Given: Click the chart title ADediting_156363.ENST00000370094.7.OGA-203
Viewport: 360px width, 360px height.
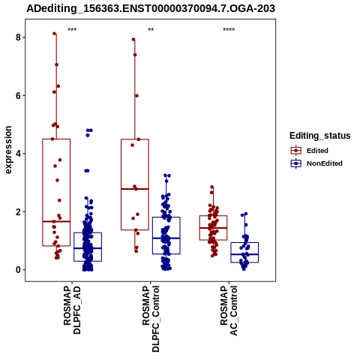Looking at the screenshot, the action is (x=151, y=8).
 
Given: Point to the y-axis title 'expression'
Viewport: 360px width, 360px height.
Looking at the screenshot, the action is (x=8, y=150).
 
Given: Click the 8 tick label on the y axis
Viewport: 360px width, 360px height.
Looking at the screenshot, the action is (x=18, y=37).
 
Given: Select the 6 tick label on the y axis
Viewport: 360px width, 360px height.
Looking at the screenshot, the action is (x=18, y=95).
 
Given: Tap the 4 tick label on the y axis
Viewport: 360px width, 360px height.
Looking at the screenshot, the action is (x=18, y=154).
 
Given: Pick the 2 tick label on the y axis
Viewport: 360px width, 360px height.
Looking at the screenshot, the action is (x=18, y=211).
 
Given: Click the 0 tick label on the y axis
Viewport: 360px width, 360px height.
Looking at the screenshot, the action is (x=18, y=270).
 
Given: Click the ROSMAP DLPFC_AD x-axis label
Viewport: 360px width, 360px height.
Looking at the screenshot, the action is (x=72, y=310).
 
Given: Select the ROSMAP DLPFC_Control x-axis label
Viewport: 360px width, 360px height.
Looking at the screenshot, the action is (x=151, y=319).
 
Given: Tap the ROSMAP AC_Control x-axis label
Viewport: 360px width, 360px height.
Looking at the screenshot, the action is (x=229, y=310).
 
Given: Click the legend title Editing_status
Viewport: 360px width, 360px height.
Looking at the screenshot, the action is (x=320, y=136).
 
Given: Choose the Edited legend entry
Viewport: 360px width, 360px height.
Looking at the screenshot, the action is (x=310, y=151).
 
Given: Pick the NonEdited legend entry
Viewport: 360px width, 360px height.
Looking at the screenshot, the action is (x=316, y=163).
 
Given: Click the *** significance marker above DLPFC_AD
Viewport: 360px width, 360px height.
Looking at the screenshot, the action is (x=72, y=30).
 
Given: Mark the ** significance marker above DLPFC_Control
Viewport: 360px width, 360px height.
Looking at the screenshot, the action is (x=151, y=30).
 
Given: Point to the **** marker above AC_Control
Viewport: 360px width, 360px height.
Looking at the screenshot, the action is (x=229, y=30).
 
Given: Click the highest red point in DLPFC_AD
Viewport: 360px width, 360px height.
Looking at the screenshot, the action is (x=55, y=34).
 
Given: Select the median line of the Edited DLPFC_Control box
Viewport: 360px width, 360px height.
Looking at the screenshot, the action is (x=135, y=189).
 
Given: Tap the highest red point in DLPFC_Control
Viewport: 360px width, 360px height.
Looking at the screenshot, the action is (x=133, y=39).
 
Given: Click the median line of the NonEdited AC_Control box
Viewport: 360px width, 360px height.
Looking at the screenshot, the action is (x=244, y=254).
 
